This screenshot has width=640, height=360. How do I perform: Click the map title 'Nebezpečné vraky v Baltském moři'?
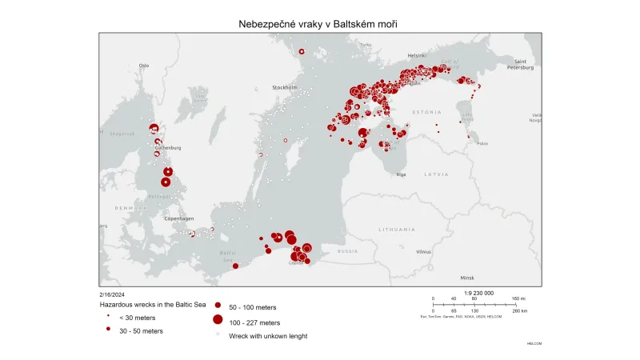318,24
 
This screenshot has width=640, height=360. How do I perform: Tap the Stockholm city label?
285,86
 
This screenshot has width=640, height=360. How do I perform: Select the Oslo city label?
144,65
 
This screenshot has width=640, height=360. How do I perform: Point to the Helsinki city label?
417,55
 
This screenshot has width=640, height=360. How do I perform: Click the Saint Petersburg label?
520,65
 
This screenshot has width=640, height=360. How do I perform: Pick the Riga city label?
401,174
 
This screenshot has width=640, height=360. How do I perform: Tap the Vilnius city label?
423,251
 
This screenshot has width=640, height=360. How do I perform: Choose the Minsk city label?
467,277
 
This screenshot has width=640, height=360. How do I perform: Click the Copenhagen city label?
179,218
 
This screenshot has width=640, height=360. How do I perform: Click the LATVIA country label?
437,174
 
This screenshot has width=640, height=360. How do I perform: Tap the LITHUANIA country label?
398,229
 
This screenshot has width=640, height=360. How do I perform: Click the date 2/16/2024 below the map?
113,294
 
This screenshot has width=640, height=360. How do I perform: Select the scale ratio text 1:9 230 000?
478,293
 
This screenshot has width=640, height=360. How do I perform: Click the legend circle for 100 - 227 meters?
217,320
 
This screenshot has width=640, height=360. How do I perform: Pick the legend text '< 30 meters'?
137,318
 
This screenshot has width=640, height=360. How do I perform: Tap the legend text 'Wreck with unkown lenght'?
268,336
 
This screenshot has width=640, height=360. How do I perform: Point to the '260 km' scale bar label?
519,310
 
